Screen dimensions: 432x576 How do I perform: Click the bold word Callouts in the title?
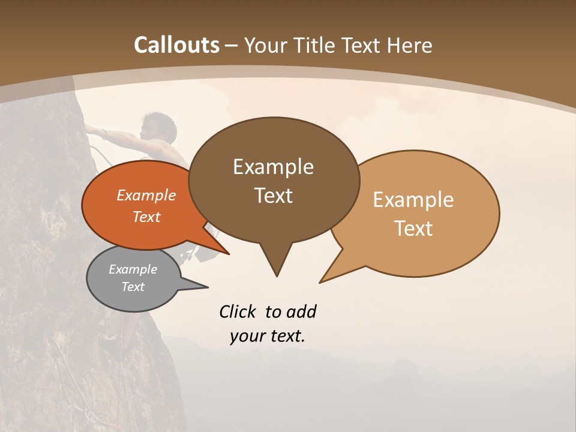176,45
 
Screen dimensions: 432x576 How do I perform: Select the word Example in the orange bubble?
146,195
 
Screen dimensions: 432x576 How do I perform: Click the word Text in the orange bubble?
146,217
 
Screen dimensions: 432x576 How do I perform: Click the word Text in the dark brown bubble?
273,195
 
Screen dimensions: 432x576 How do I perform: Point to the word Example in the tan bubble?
413,199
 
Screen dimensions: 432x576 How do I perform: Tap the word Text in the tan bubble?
413,228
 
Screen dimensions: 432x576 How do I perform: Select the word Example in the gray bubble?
133,269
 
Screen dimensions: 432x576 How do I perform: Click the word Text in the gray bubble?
133,287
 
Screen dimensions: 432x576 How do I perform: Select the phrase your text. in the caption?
268,336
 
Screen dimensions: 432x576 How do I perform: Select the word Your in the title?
266,45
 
